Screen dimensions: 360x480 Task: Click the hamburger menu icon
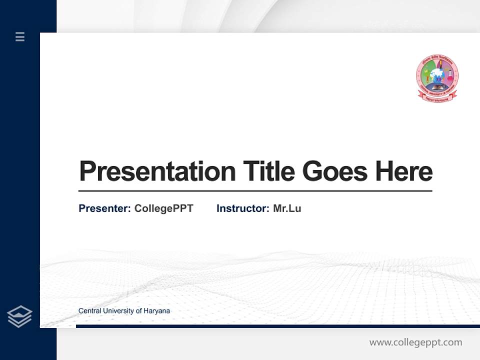(x=20, y=36)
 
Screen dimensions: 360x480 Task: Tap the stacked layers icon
(x=19, y=316)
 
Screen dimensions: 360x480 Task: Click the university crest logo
(x=437, y=78)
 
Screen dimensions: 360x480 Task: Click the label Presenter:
(x=105, y=208)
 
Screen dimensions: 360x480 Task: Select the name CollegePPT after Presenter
(x=163, y=208)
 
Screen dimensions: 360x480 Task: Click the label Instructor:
(x=243, y=208)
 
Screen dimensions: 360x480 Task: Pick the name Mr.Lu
(x=287, y=208)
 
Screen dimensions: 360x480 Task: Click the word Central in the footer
(x=89, y=311)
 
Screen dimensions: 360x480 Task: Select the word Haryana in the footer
(x=156, y=311)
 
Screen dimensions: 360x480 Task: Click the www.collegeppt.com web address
(x=415, y=342)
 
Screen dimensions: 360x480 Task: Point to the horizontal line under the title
(x=255, y=191)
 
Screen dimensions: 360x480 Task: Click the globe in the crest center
(x=437, y=76)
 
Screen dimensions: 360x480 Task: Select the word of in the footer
(x=138, y=311)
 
